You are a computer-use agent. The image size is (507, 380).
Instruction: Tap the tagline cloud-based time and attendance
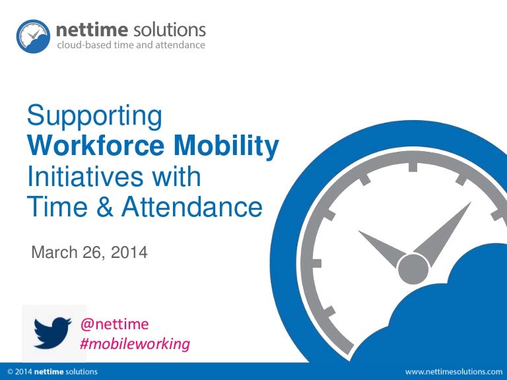pyautogui.click(x=131, y=46)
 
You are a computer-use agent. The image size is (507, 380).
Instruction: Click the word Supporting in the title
pyautogui.click(x=94, y=117)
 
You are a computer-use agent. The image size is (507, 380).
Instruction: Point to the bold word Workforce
pyautogui.click(x=92, y=147)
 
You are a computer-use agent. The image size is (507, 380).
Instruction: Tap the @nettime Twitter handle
pyautogui.click(x=114, y=324)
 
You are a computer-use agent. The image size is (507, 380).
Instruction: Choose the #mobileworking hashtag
pyautogui.click(x=135, y=344)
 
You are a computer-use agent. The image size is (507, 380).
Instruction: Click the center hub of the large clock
pyautogui.click(x=413, y=268)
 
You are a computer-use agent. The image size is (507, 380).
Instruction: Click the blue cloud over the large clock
pyautogui.click(x=456, y=310)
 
